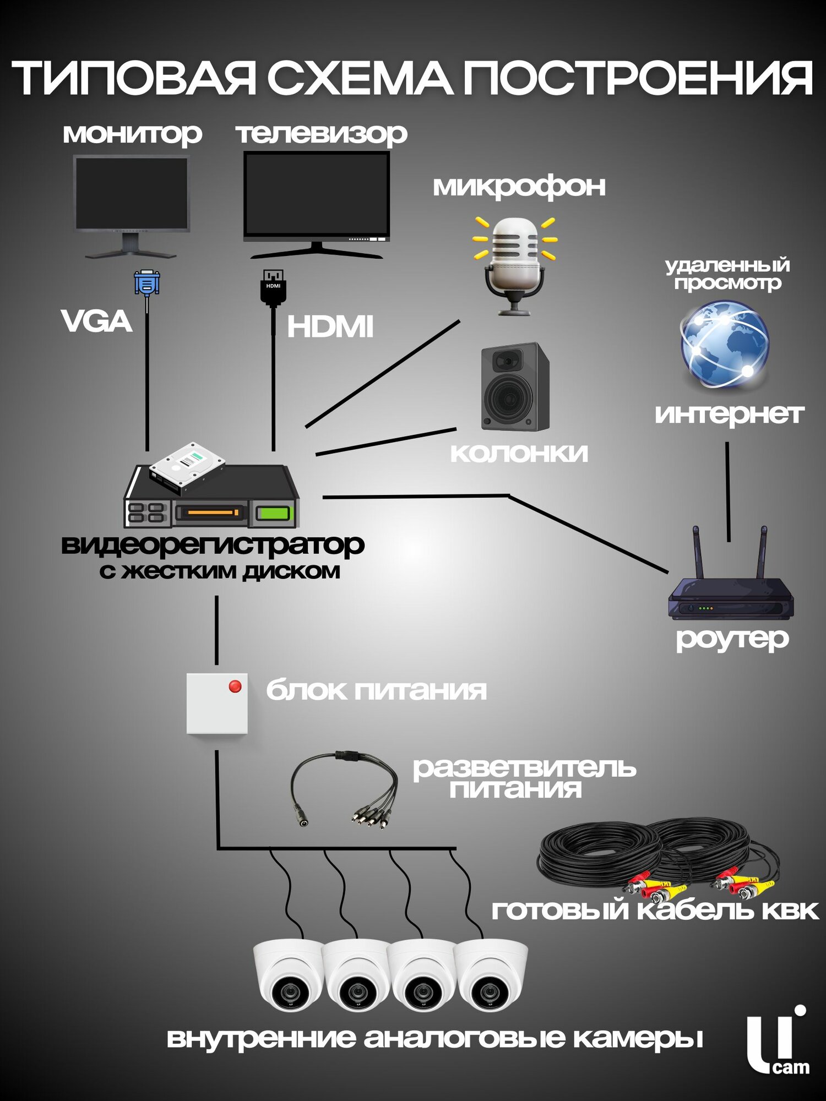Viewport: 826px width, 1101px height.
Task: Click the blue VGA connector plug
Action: pos(147,283)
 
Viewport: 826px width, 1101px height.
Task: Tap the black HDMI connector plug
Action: pos(273,287)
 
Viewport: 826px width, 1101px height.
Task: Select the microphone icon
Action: pos(515,264)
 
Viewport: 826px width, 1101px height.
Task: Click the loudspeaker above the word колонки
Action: pos(514,387)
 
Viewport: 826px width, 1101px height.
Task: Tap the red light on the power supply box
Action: pos(235,686)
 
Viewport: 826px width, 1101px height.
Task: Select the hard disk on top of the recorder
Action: pos(187,466)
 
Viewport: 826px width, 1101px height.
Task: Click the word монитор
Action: pos(132,134)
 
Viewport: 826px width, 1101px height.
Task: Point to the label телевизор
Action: pos(322,134)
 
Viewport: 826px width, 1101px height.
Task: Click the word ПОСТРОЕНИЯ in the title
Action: pos(637,78)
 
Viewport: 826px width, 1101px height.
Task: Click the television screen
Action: pos(317,193)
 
